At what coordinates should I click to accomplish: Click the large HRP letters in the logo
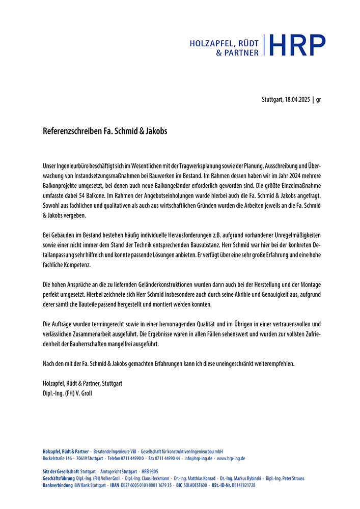(x=297, y=45)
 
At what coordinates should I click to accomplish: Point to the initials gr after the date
(x=318, y=99)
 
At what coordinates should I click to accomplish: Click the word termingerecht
(x=99, y=324)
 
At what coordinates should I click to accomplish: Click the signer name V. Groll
(x=84, y=392)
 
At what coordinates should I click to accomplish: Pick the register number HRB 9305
(x=150, y=472)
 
